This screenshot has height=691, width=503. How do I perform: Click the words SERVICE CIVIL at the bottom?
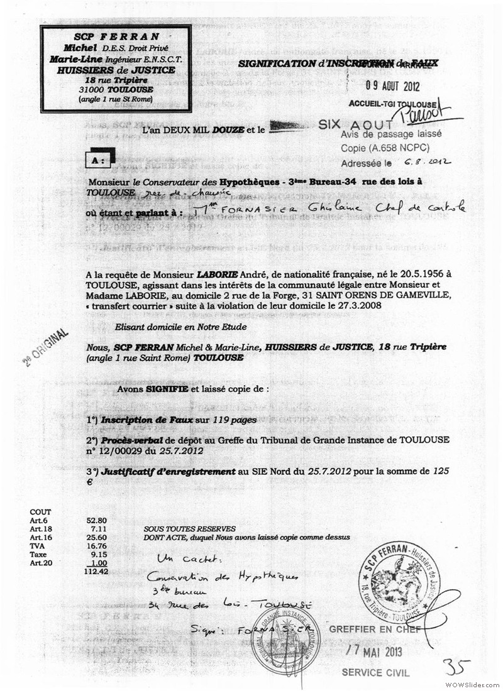pyautogui.click(x=375, y=673)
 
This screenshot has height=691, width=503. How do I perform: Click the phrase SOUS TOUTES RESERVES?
pyautogui.click(x=189, y=529)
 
